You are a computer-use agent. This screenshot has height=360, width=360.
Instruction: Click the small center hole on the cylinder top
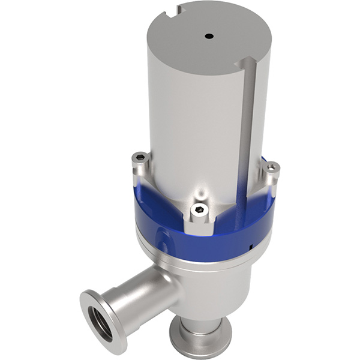tap(209, 36)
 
